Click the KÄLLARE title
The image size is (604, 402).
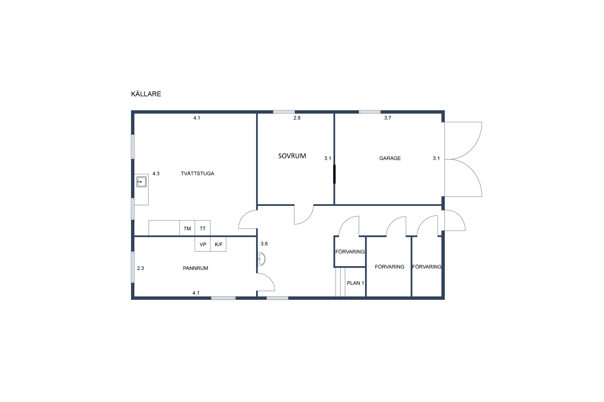tap(146, 94)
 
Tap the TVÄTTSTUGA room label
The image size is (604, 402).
tap(197, 173)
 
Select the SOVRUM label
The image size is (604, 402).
tap(292, 156)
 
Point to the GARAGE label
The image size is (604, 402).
tap(390, 158)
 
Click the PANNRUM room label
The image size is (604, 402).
tap(195, 268)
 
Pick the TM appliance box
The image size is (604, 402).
tap(187, 228)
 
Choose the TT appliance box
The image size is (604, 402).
tap(203, 228)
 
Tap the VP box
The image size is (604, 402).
tap(203, 244)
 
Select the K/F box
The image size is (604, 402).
tap(218, 244)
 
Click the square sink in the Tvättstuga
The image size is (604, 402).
tap(141, 182)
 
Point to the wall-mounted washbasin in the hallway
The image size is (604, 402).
tap(261, 259)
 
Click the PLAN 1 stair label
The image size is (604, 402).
tap(355, 283)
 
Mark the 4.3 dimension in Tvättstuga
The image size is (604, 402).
tap(156, 173)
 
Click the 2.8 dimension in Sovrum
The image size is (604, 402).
tap(297, 118)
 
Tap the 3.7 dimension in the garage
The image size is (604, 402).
tap(388, 118)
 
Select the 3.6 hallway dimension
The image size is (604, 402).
tap(264, 244)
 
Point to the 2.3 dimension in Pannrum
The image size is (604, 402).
tap(141, 268)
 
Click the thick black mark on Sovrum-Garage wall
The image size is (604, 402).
tap(334, 174)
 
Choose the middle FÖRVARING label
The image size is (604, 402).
tap(389, 267)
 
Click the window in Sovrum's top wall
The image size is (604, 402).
tap(284, 112)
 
